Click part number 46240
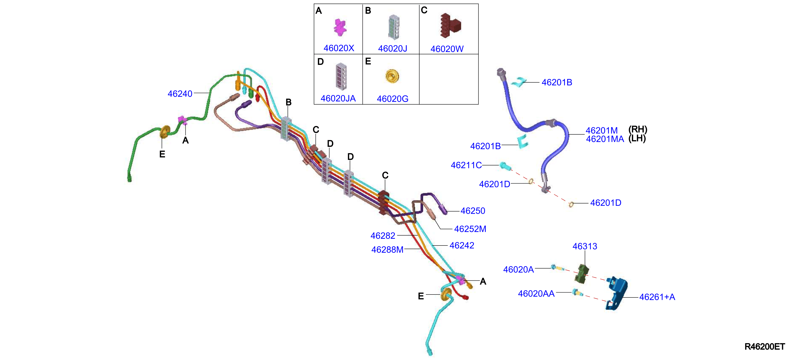click(x=180, y=94)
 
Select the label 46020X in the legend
click(x=339, y=48)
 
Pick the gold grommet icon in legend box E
click(x=392, y=76)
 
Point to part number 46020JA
click(x=338, y=98)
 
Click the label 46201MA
click(x=605, y=139)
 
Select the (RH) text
click(x=637, y=129)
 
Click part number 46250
click(x=473, y=211)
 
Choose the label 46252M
click(x=470, y=229)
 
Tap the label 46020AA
click(x=536, y=294)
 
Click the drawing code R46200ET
click(x=765, y=347)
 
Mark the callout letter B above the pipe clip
click(x=289, y=102)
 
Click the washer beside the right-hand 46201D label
click(x=571, y=204)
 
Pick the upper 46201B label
click(x=557, y=82)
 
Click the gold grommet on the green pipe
click(x=165, y=132)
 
